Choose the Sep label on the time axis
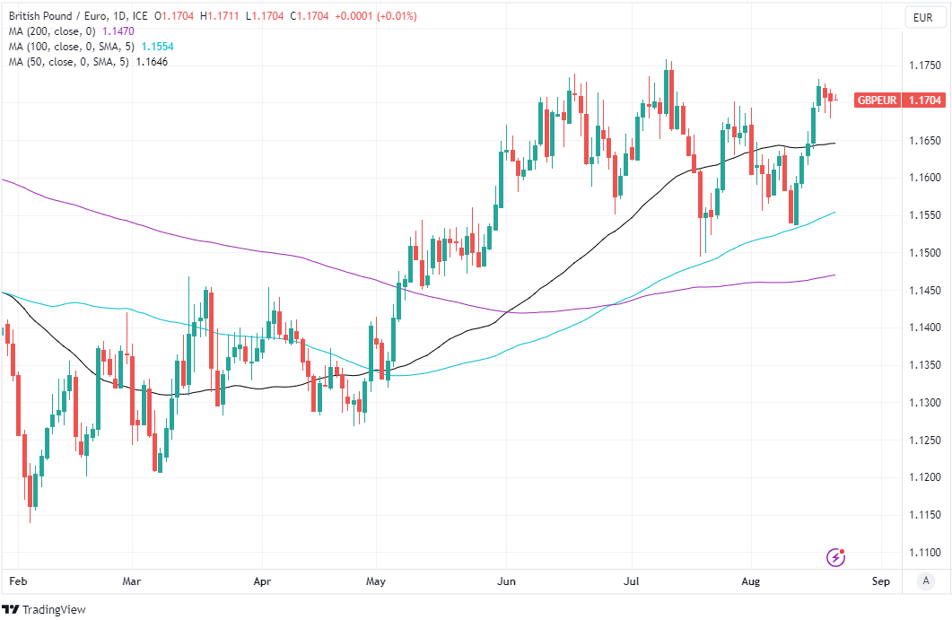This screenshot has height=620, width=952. (880, 581)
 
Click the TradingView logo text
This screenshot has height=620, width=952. (54, 609)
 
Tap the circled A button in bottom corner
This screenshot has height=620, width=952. (925, 581)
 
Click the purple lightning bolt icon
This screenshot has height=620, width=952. (836, 557)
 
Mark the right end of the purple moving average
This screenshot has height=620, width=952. (835, 275)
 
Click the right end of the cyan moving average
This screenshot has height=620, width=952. (835, 213)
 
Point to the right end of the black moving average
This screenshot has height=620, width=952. (835, 143)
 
